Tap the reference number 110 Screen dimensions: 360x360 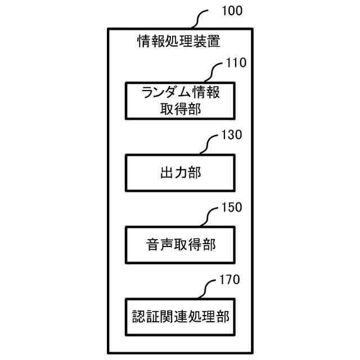(x=236, y=63)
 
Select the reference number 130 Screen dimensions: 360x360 (x=232, y=135)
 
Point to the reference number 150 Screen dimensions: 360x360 (x=232, y=207)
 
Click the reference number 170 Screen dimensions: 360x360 (x=232, y=279)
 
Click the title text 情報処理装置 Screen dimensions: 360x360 (x=179, y=41)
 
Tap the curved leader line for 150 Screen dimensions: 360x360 (x=209, y=216)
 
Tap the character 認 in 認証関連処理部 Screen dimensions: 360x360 (x=135, y=317)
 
